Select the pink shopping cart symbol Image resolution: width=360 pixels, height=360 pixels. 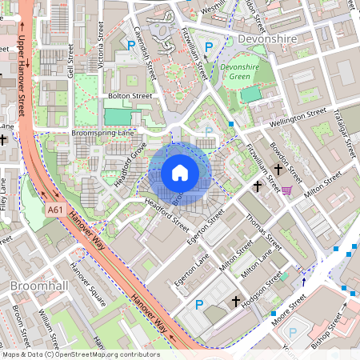pos(286,190)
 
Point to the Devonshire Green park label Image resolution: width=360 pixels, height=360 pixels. pos(241,73)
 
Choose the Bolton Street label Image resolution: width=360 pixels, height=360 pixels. pos(130,96)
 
